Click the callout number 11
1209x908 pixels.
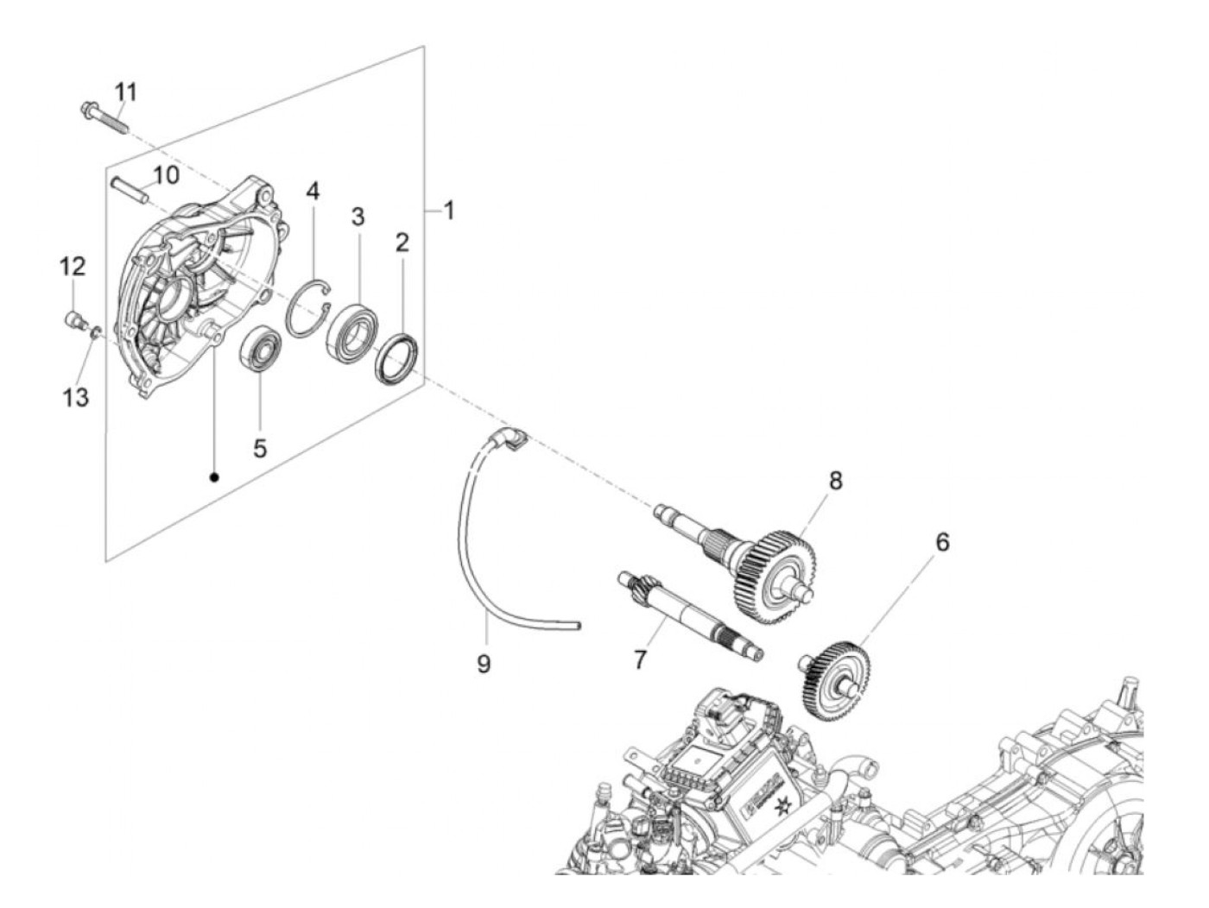[126, 91]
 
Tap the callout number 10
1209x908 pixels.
[166, 175]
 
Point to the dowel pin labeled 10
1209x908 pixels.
[130, 188]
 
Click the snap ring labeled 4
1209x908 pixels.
[309, 306]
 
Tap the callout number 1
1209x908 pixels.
[448, 210]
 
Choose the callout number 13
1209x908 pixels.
[76, 398]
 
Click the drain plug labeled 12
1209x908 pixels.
[73, 320]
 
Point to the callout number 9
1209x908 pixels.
[484, 664]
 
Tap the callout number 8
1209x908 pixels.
[835, 481]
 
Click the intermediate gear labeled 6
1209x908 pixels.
[832, 678]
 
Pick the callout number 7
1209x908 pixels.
[639, 659]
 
